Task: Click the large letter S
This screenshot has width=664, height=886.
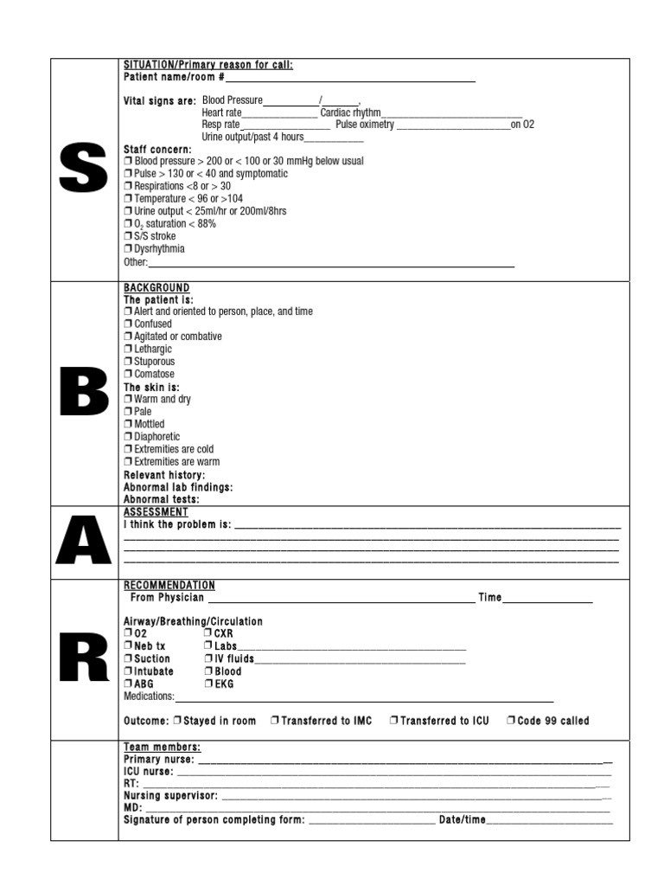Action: click(84, 169)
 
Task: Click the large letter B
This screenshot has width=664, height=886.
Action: click(84, 392)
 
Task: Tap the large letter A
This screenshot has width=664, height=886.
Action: click(84, 542)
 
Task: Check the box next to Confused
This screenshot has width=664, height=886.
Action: click(128, 324)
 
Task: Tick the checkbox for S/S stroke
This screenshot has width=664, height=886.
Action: click(128, 236)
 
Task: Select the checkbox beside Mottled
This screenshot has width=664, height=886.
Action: click(128, 425)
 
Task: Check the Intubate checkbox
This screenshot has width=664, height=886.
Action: click(128, 671)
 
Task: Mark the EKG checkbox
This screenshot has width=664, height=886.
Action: click(208, 684)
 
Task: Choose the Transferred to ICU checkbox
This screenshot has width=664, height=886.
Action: click(393, 721)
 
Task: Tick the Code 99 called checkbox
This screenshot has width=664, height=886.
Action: click(511, 721)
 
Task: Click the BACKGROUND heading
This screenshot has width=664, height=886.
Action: click(156, 287)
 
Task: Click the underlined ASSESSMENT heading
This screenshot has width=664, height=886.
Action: click(156, 512)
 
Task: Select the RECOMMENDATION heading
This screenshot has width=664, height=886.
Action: click(169, 586)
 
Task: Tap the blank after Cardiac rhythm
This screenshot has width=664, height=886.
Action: click(451, 113)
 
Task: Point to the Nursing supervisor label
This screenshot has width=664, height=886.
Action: click(170, 795)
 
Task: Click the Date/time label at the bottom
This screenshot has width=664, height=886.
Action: click(463, 820)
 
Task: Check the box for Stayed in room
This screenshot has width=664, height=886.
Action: click(177, 721)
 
